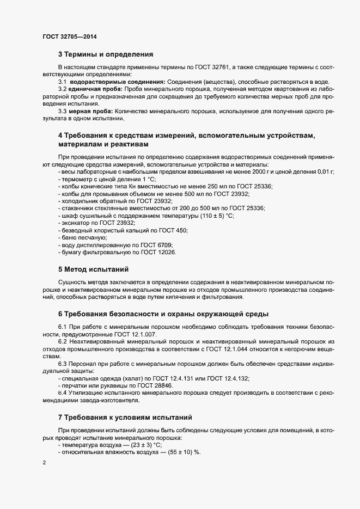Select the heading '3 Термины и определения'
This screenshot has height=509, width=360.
(105, 54)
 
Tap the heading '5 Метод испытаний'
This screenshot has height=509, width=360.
(93, 269)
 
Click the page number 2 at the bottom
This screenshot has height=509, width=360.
(44, 462)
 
